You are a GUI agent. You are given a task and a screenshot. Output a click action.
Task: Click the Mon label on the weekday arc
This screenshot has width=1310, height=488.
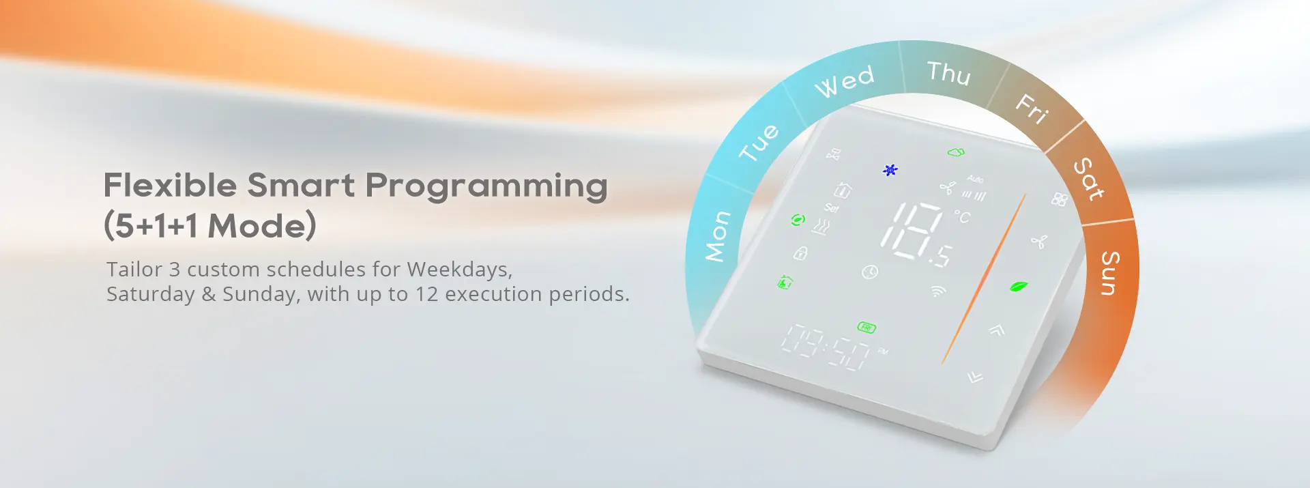(x=718, y=236)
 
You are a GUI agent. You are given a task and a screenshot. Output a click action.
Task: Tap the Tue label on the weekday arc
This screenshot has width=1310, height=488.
(x=759, y=142)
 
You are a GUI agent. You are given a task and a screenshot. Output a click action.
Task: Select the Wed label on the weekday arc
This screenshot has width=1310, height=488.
(x=845, y=81)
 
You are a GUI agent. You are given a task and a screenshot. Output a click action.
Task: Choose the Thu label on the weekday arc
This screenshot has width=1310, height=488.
(x=948, y=73)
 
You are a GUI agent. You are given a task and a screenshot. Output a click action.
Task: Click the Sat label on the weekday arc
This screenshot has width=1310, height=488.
(x=1089, y=179)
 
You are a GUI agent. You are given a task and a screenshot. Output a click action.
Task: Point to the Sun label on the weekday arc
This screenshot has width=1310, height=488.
(x=1110, y=273)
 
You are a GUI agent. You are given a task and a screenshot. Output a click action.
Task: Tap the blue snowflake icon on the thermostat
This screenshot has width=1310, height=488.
(x=890, y=170)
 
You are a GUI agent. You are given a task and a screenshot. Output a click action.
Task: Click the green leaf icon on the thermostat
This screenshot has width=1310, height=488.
(x=1019, y=287)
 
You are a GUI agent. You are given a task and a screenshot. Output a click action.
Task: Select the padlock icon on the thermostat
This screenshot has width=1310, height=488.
(x=800, y=254)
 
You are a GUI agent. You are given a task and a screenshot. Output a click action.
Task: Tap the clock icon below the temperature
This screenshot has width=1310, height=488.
(x=870, y=272)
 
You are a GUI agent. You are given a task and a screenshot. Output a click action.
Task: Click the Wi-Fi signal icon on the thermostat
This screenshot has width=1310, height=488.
(x=939, y=291)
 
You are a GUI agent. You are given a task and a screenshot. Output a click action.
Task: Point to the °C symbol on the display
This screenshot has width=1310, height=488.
(x=962, y=216)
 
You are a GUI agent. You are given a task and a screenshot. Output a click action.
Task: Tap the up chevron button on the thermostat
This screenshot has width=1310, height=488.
(x=997, y=330)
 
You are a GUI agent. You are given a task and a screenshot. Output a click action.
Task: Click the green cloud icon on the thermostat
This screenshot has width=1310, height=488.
(x=956, y=152)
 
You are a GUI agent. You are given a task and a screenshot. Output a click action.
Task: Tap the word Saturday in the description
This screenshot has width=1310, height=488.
(x=151, y=294)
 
